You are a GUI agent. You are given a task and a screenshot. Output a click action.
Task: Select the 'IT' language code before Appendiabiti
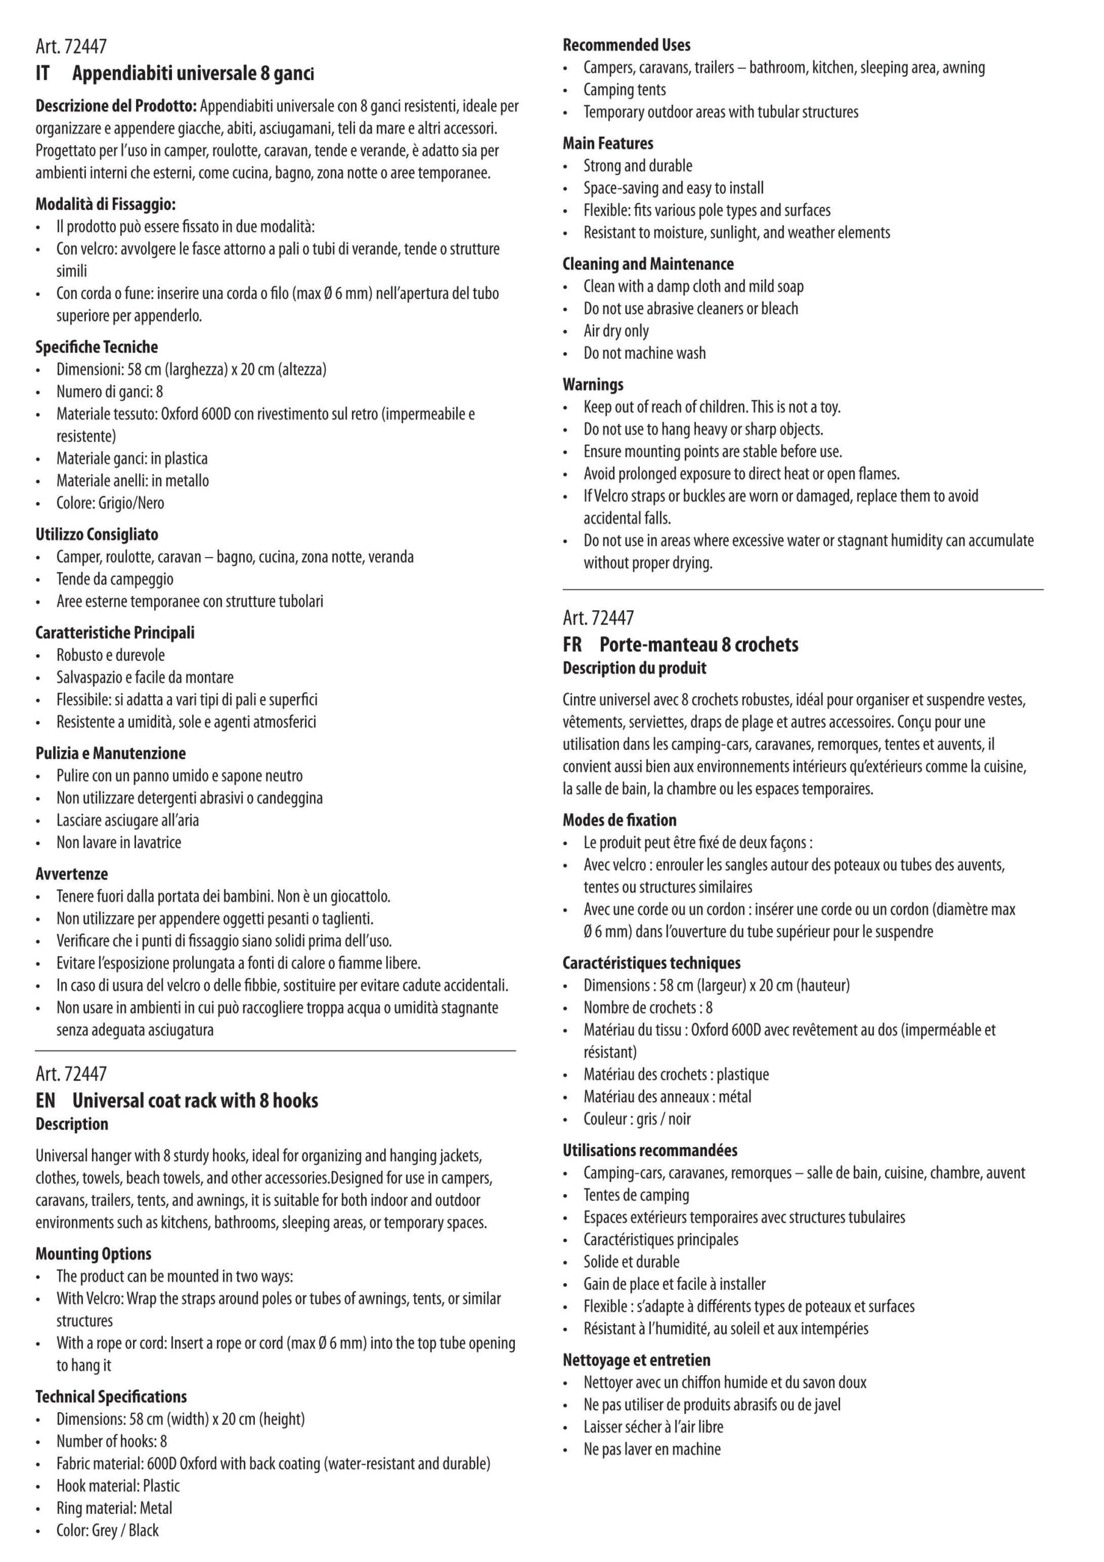pos(43,73)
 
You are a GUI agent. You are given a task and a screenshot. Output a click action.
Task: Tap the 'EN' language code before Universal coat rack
pos(46,1100)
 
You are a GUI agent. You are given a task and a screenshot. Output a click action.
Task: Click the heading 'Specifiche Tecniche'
pos(96,347)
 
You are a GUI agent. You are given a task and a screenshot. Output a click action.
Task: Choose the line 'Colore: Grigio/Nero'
pos(110,503)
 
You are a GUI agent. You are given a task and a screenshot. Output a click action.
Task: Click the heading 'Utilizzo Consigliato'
pos(96,534)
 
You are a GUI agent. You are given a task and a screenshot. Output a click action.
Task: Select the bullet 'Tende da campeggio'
pos(114,579)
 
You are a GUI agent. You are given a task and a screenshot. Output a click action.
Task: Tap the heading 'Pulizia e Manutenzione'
pos(110,753)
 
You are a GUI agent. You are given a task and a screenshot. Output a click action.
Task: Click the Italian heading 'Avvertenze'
pos(71,874)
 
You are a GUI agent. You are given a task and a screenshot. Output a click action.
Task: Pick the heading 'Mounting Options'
pos(93,1254)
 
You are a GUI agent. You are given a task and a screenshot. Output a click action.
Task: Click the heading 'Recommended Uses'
pos(626,45)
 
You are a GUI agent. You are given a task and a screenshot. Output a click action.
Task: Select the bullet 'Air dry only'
pos(615,331)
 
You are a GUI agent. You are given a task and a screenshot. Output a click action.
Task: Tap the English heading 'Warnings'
pos(592,384)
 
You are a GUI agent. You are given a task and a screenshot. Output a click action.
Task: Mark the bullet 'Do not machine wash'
pos(644,353)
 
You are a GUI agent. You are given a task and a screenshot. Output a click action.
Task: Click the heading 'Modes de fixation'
pos(619,820)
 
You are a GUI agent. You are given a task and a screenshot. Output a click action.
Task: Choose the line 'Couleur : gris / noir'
pos(637,1118)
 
